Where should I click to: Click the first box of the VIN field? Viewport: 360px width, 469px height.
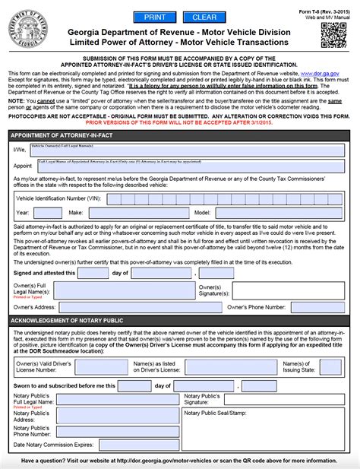[113, 199]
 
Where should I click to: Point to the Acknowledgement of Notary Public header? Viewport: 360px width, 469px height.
[69, 321]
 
